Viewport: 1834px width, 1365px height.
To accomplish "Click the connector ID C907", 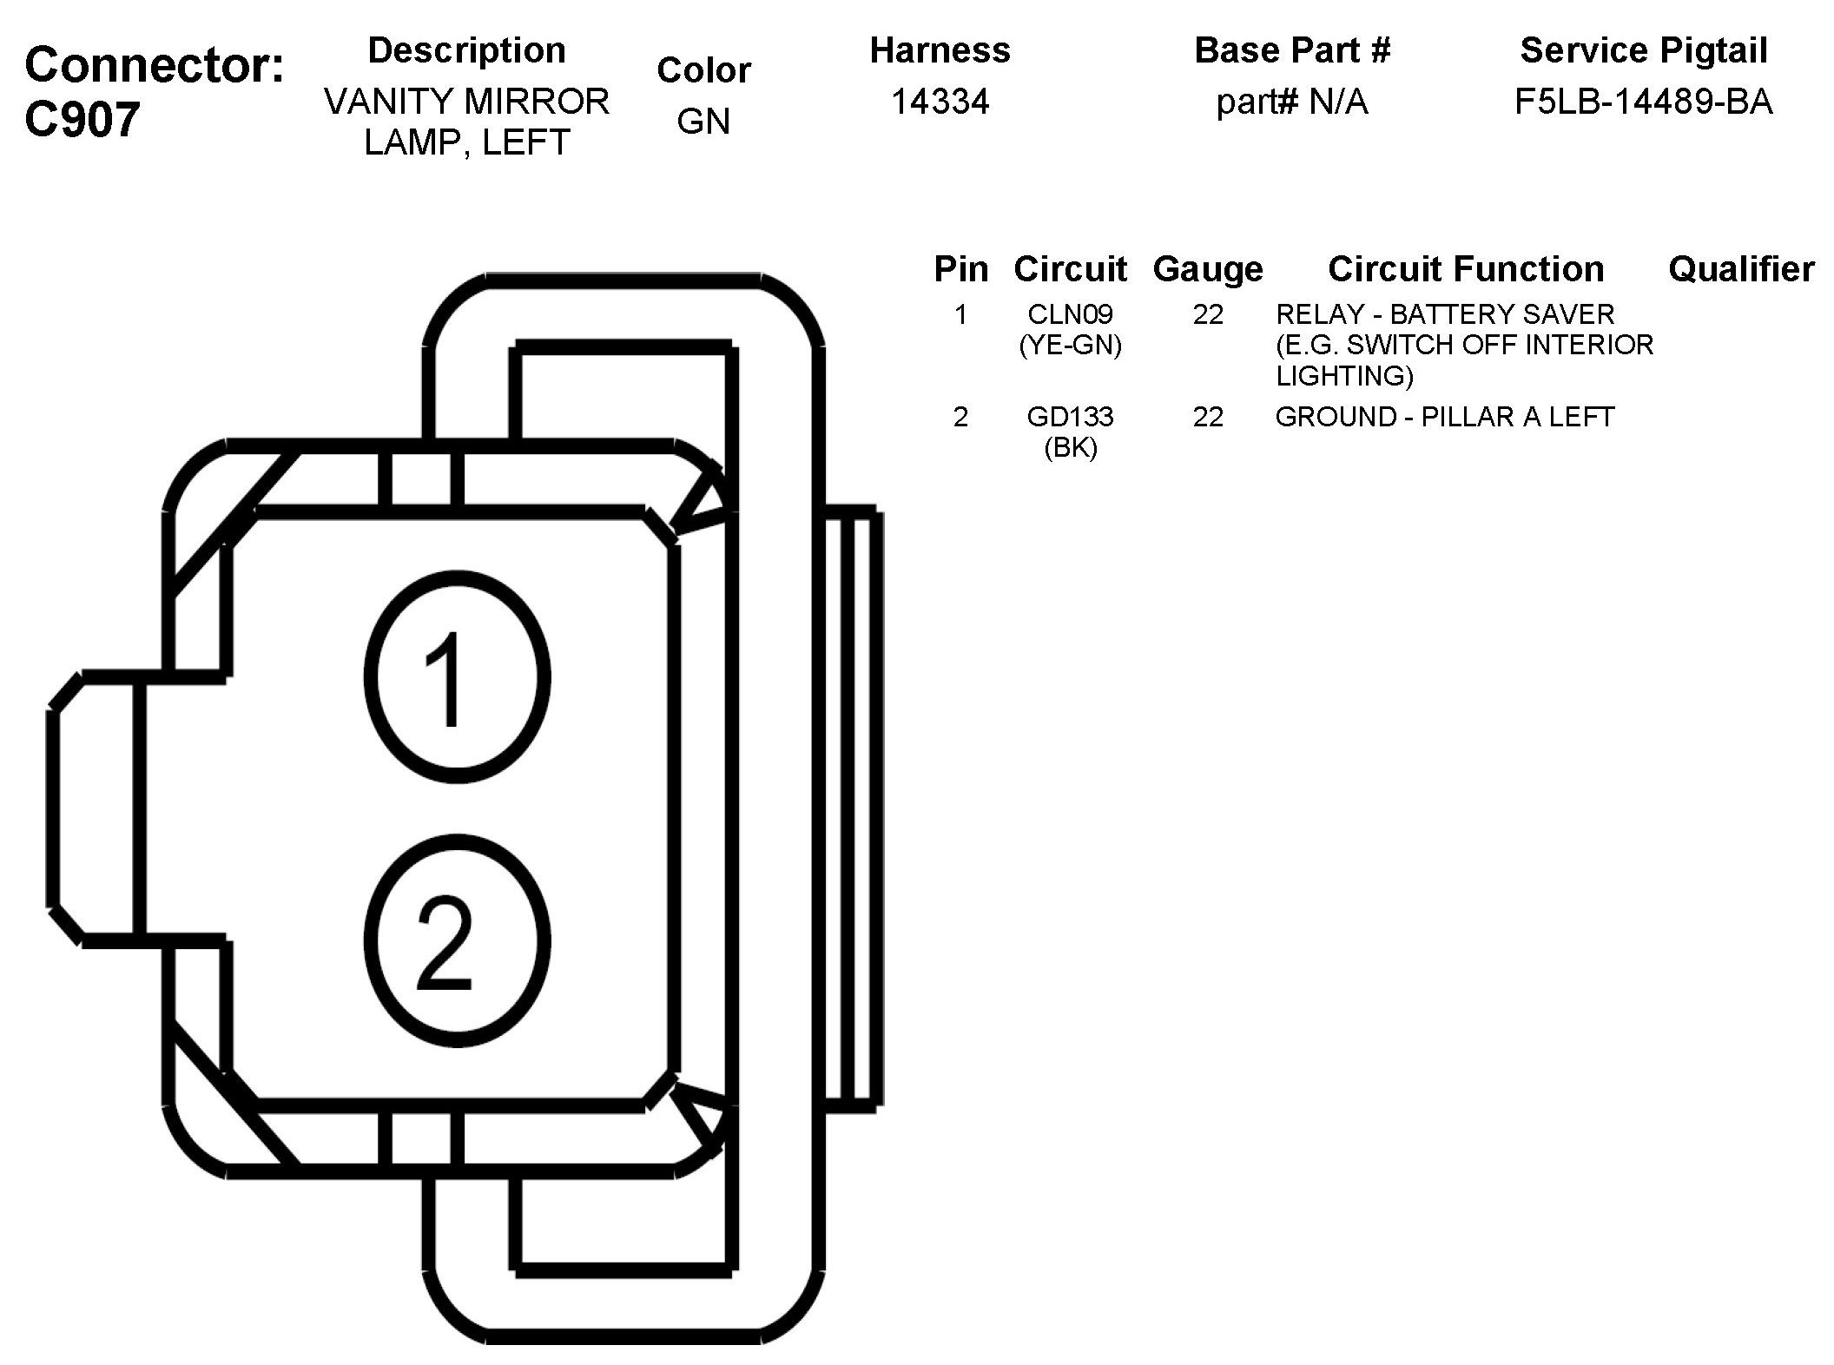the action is click(x=82, y=119).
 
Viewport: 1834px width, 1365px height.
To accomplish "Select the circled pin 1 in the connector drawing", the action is click(x=456, y=677).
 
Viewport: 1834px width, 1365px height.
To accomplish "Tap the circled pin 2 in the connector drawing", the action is click(x=456, y=942).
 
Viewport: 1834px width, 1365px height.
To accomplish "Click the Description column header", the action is click(x=466, y=50).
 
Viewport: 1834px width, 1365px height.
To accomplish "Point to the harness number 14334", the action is click(x=940, y=102).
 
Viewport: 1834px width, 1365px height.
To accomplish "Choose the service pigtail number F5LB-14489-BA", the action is click(x=1643, y=102).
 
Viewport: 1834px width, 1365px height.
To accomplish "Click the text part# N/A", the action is click(x=1291, y=102).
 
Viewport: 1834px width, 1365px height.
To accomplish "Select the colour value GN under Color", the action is click(x=703, y=122).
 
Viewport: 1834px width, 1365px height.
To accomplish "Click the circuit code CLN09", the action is click(x=1070, y=313).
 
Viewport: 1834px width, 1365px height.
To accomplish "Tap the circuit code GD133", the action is click(x=1070, y=417).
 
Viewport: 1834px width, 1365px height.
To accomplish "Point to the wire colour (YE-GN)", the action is click(x=1070, y=346).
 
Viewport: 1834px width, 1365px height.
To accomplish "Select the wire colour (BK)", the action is click(x=1070, y=448).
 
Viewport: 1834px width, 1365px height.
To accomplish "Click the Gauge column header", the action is click(x=1207, y=270).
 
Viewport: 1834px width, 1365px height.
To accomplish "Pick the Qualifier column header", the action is click(x=1740, y=269).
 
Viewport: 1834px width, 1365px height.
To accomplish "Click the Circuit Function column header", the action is click(x=1465, y=269).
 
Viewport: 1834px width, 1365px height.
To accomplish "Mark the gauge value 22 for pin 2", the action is click(x=1207, y=417).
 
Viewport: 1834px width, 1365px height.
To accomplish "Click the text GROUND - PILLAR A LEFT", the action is click(x=1444, y=417).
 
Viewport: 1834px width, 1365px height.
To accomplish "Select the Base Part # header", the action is click(x=1291, y=50).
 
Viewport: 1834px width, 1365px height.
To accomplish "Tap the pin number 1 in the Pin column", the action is click(x=960, y=313).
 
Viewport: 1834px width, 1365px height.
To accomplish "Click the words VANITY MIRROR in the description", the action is click(x=466, y=102).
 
